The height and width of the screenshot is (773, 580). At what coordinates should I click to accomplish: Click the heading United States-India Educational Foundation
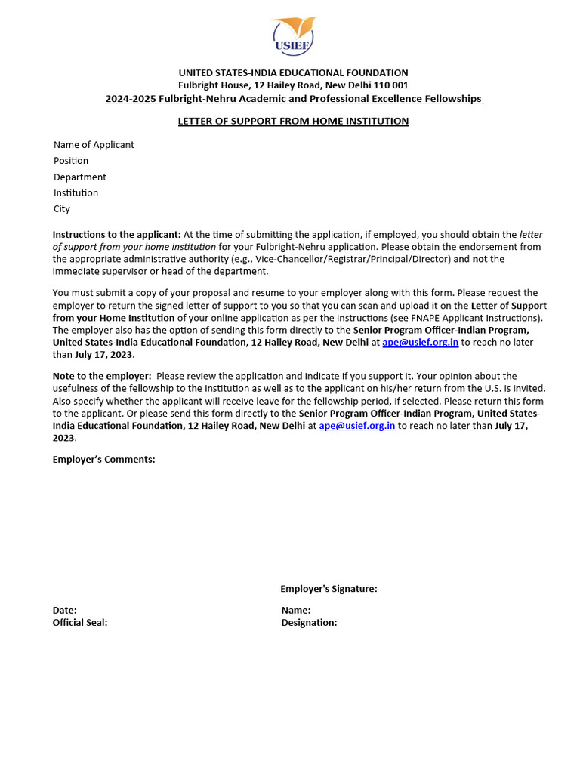pos(293,73)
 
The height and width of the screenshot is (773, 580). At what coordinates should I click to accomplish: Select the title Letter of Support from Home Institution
pos(293,121)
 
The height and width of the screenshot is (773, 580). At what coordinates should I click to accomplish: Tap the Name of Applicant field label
pos(94,145)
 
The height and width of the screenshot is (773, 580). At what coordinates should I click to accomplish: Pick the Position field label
pos(71,161)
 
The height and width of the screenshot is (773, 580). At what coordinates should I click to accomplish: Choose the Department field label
pos(80,177)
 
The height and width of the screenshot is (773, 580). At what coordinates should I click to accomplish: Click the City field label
pos(62,209)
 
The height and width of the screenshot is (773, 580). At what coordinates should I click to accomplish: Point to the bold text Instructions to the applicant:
pos(116,235)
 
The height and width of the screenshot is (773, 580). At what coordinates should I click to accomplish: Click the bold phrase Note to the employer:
pos(101,376)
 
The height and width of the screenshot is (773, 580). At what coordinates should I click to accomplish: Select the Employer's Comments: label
pos(103,459)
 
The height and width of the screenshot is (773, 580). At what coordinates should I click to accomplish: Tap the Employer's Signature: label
pos(329,589)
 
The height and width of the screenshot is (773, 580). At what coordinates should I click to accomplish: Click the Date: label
pos(64,610)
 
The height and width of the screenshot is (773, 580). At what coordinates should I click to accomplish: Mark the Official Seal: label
pos(80,623)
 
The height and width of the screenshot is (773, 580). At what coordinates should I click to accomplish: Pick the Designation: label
pos(309,623)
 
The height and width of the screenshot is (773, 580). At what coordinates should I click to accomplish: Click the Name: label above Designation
pos(296,610)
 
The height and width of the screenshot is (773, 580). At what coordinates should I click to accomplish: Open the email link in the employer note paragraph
pos(356,426)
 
